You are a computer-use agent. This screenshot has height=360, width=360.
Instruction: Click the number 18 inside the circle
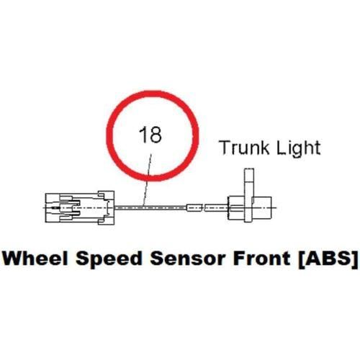(x=150, y=135)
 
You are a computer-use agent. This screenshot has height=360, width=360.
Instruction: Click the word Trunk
(x=244, y=148)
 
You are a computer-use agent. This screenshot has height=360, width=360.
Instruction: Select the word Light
(x=299, y=148)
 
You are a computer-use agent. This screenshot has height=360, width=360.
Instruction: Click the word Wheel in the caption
(x=35, y=258)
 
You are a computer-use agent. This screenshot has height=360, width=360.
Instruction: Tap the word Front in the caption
(x=261, y=258)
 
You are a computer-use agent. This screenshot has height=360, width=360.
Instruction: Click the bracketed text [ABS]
(x=328, y=259)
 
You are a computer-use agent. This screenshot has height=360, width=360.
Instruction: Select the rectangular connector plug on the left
(x=80, y=207)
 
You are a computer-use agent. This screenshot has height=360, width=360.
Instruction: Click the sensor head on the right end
(x=250, y=207)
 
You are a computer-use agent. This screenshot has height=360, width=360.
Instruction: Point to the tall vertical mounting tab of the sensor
(x=249, y=195)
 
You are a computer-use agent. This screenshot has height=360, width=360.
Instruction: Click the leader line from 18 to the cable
(x=148, y=180)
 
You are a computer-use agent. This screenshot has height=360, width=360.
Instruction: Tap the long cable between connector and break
(x=150, y=207)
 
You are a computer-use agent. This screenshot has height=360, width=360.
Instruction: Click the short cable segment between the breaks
(x=194, y=207)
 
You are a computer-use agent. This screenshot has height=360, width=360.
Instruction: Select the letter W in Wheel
(x=13, y=258)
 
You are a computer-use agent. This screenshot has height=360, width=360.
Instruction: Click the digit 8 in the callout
(x=156, y=135)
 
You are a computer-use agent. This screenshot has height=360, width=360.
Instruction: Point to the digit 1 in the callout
(x=143, y=135)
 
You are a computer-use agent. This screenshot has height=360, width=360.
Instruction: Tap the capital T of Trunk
(x=225, y=148)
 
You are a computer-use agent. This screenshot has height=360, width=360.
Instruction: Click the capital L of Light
(x=281, y=148)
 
